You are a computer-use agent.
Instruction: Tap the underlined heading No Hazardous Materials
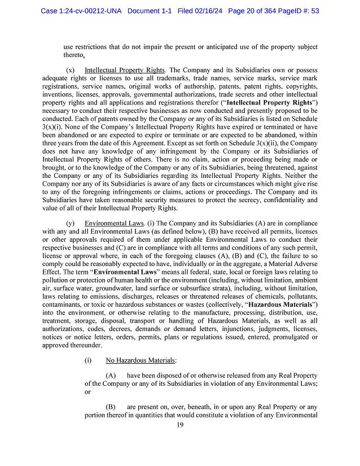click(141, 359)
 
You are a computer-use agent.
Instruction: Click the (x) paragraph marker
click(71, 71)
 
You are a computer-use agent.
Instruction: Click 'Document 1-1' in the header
click(152, 10)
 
